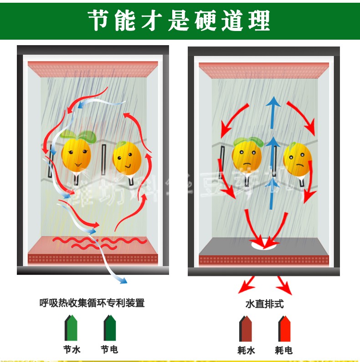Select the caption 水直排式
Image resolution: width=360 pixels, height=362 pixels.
pos(264,303)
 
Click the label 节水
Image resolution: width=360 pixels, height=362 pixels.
pos(72,350)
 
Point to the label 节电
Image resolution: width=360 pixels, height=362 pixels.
pos(109,350)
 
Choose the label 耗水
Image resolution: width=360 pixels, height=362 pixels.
pos(246,350)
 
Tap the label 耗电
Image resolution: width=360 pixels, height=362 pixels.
pos(284,350)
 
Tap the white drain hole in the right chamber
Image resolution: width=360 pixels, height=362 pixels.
pos(264,244)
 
